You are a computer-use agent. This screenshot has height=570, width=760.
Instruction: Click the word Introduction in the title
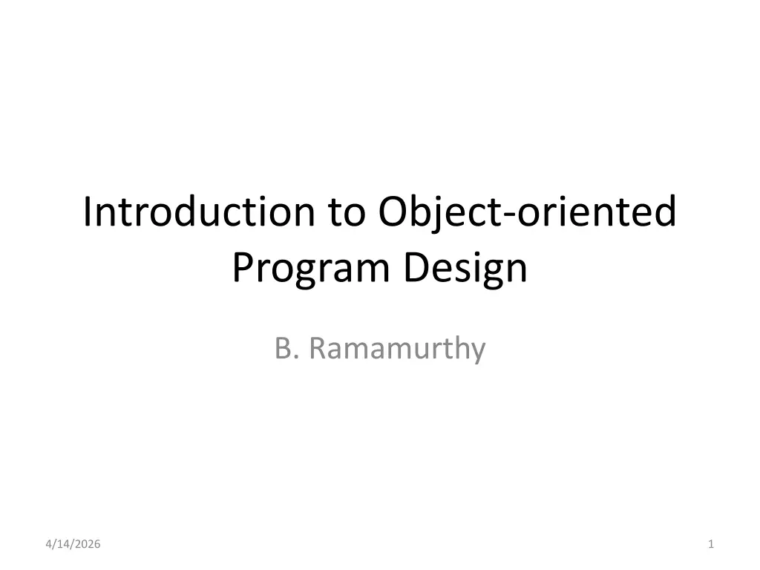199,212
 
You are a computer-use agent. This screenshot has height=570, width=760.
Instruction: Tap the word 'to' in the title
347,213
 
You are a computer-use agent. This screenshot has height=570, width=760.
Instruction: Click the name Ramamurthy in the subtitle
397,349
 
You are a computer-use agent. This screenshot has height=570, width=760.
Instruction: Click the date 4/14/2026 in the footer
73,544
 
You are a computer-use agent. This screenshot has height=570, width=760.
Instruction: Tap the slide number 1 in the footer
710,544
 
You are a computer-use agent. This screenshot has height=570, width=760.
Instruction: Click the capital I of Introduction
88,212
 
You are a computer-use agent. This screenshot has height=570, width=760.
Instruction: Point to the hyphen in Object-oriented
510,215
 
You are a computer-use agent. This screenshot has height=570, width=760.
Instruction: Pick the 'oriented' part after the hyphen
596,212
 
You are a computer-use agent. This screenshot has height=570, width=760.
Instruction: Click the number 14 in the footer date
62,544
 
